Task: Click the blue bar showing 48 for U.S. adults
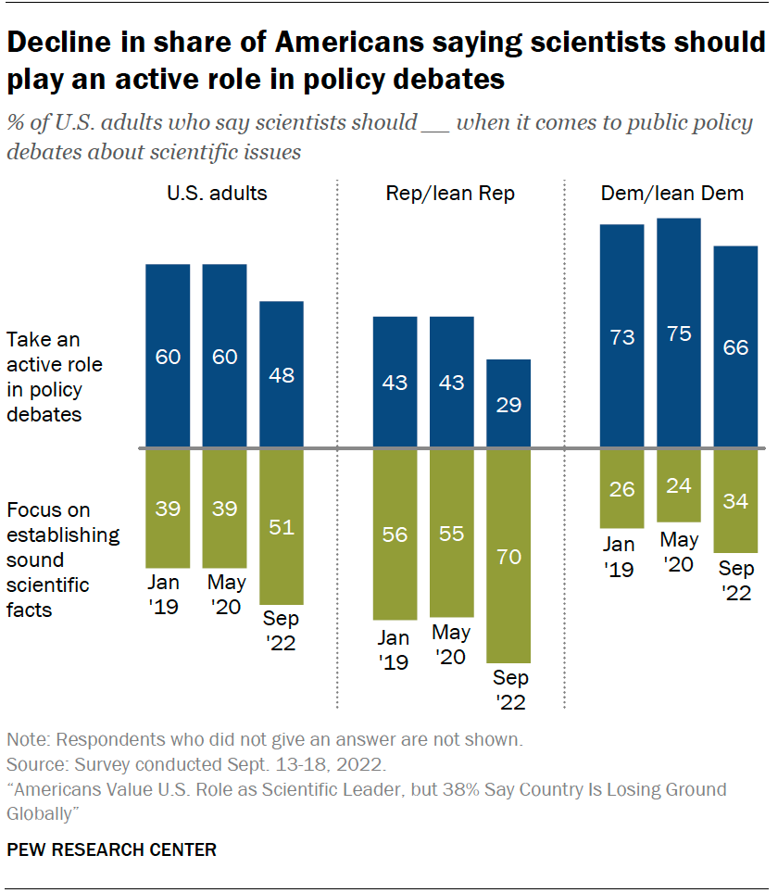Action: point(282,375)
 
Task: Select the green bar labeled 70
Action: point(509,556)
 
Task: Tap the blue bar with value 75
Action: point(679,333)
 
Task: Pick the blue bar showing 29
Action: point(509,404)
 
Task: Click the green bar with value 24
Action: point(679,485)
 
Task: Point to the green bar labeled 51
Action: point(282,527)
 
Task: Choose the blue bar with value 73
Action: point(622,336)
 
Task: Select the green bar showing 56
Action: point(395,535)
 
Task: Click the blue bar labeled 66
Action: point(736,347)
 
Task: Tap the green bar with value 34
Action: point(736,501)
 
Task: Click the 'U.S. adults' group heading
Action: point(217,194)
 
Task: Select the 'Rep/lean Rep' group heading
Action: point(450,194)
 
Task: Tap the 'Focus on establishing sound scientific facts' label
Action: point(63,560)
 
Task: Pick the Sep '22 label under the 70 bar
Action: point(509,689)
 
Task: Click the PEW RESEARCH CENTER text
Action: point(112,849)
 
